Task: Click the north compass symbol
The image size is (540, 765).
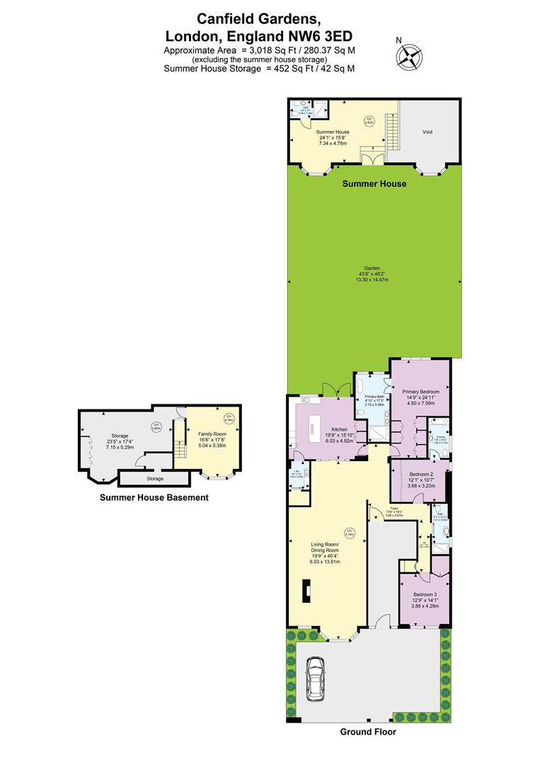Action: (410, 55)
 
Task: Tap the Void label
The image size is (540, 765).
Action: (427, 132)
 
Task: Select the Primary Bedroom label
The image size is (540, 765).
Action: (421, 392)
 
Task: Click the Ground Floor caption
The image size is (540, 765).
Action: (368, 732)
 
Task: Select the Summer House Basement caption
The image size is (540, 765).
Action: (154, 497)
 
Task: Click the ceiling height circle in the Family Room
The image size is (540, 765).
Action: (229, 417)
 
